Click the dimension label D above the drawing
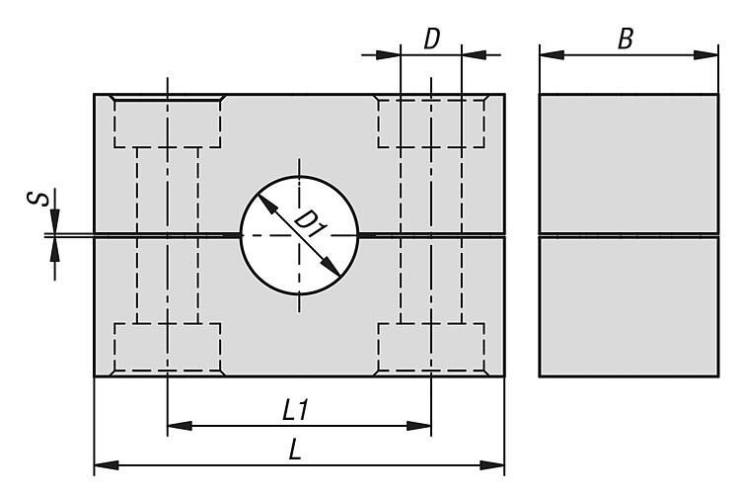pyautogui.click(x=431, y=39)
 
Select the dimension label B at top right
pyautogui.click(x=626, y=39)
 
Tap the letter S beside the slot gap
pyautogui.click(x=37, y=199)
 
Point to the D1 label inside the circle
pyautogui.click(x=310, y=224)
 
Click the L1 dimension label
pyautogui.click(x=295, y=410)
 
